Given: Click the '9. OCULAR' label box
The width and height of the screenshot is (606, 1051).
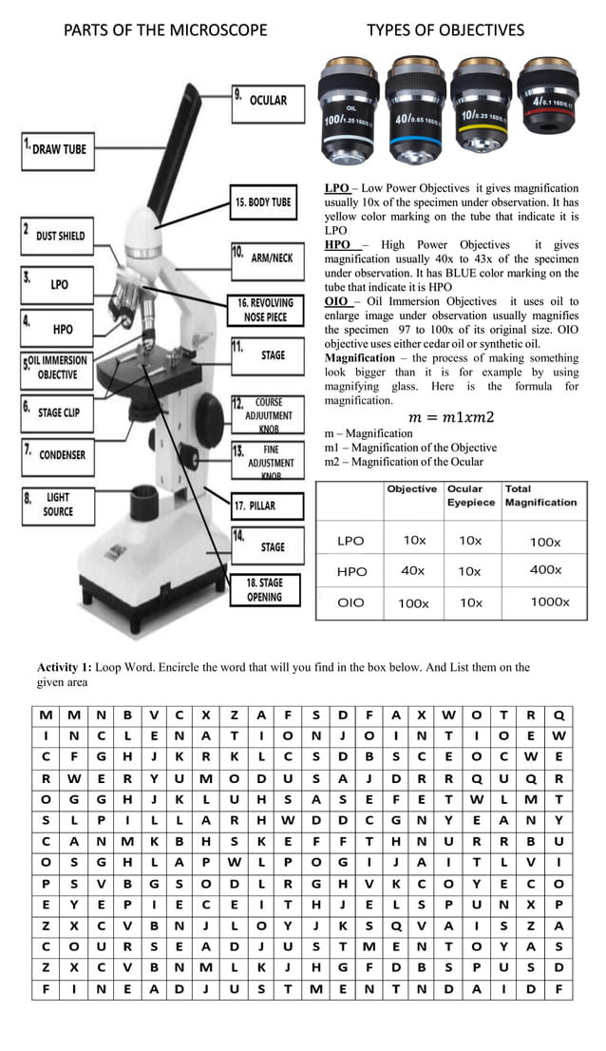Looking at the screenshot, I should click(x=272, y=103).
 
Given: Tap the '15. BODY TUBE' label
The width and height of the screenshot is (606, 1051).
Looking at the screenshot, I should click(x=263, y=202).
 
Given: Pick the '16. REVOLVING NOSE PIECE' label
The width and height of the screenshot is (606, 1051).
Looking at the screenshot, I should click(x=265, y=310).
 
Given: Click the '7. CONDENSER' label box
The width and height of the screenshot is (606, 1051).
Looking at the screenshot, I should click(x=59, y=455).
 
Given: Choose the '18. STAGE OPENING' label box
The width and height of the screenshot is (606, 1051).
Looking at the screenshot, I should click(x=265, y=590).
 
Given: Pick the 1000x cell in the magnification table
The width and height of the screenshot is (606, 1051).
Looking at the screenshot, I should click(x=550, y=602).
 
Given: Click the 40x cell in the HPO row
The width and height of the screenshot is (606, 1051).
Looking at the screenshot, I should click(x=412, y=571).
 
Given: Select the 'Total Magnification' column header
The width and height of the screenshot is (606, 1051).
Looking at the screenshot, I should click(x=540, y=495).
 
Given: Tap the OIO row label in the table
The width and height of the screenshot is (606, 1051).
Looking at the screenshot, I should click(x=350, y=602).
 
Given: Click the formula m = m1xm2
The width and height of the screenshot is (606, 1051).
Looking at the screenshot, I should click(x=451, y=418).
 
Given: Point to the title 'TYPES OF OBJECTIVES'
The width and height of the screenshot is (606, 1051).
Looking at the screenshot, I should click(x=445, y=30).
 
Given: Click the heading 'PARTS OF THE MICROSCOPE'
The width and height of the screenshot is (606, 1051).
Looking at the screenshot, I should click(x=165, y=30).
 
